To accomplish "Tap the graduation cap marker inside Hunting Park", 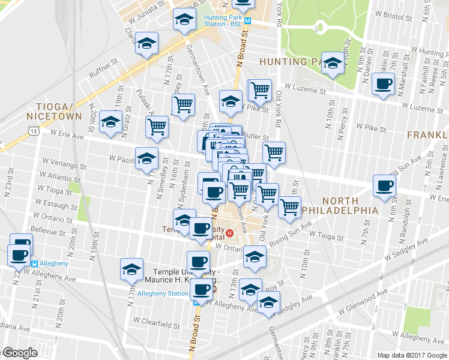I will click(x=332, y=63).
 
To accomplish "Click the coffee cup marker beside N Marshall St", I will click(x=383, y=84).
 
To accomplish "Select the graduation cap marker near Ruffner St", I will click(x=146, y=44).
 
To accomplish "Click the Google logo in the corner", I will click(x=19, y=353).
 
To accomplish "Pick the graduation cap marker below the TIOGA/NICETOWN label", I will click(x=110, y=122).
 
